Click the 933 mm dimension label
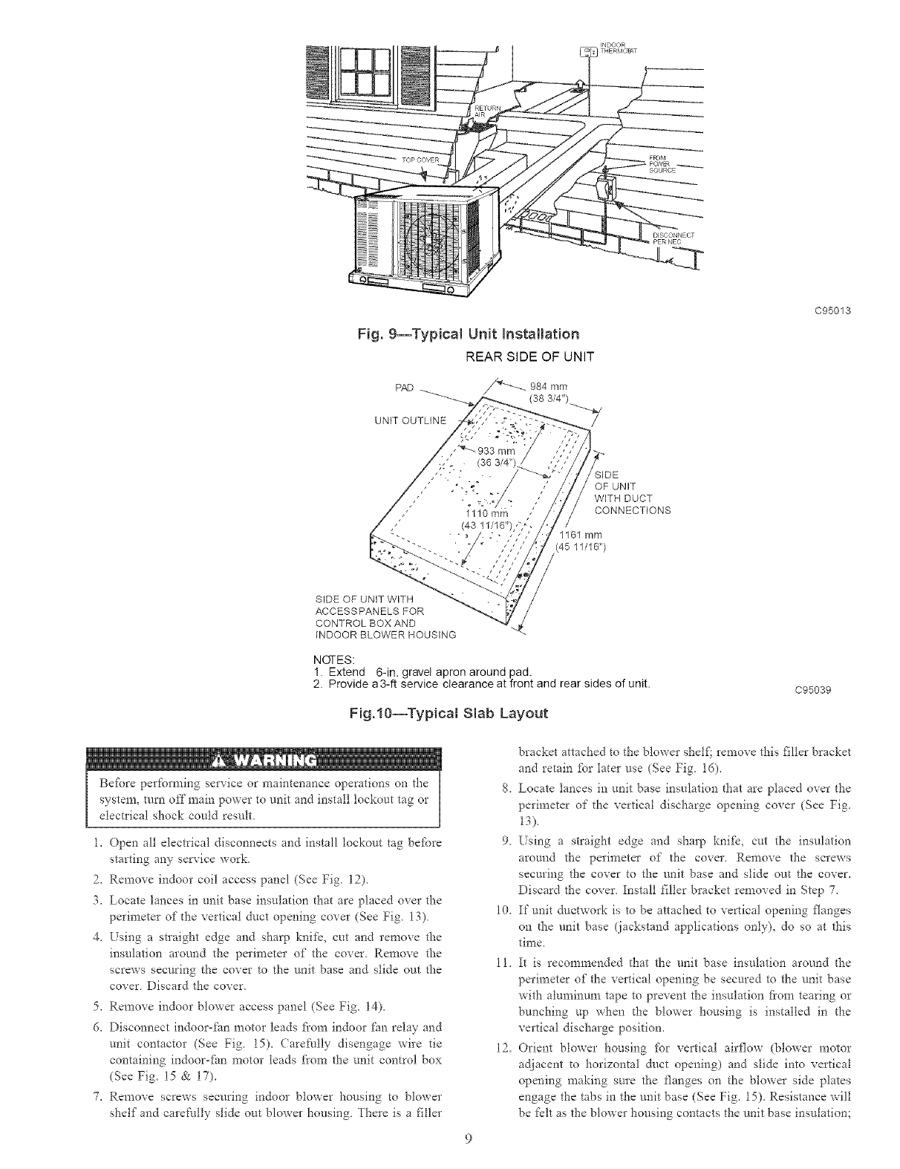[x=492, y=457]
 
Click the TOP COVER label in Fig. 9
[x=421, y=160]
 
